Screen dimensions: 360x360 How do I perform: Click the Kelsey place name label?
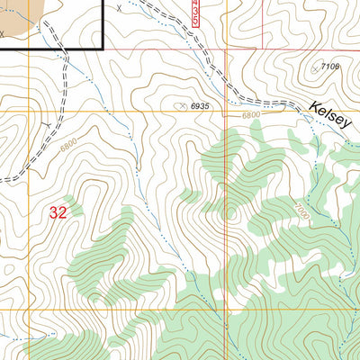pos(328,115)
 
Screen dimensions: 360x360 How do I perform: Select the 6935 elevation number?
pos(199,106)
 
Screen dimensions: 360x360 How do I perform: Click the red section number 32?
pos(58,213)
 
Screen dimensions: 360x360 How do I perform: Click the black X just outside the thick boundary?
pos(118,7)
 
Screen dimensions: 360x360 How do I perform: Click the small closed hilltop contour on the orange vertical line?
pos(229,214)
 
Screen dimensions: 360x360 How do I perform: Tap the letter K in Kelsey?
pos(311,107)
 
